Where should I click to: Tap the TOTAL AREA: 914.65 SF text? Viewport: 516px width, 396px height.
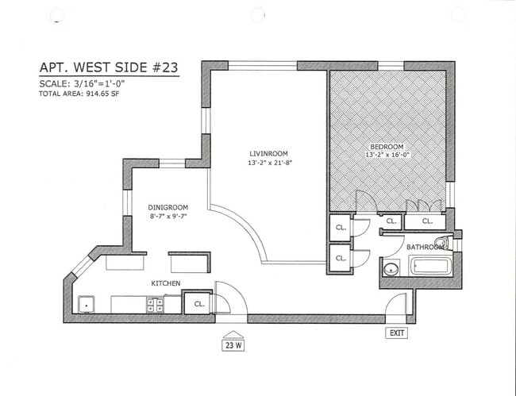[x=80, y=94]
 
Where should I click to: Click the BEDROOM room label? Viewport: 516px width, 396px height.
[x=387, y=147]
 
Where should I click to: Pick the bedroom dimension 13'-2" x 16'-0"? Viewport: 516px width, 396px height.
[x=387, y=156]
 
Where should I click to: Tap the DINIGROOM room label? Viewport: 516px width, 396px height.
[x=168, y=208]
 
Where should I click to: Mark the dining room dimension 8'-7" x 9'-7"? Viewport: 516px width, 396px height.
[x=168, y=217]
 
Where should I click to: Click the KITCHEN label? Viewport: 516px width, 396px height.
[x=165, y=283]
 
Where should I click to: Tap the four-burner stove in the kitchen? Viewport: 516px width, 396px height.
[x=155, y=304]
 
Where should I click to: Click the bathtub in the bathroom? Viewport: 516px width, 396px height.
[x=429, y=266]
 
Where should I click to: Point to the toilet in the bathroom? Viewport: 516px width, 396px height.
[x=441, y=242]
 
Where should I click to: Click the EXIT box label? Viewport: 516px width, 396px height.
[x=396, y=333]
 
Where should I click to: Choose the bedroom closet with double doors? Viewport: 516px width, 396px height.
[x=426, y=221]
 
